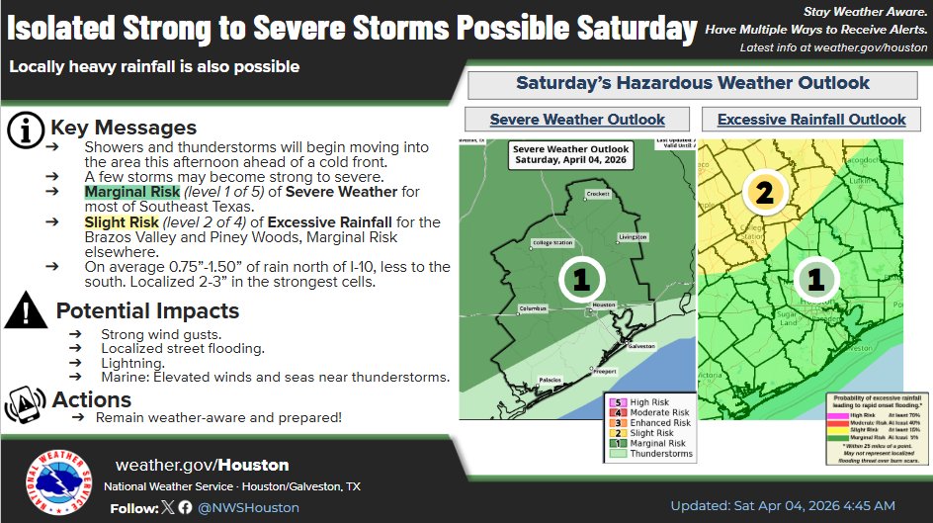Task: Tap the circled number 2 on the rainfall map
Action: tap(764, 192)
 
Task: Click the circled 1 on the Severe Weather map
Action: tap(581, 280)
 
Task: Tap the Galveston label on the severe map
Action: tap(641, 346)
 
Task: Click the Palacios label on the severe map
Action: tap(551, 380)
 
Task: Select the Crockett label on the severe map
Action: tap(597, 195)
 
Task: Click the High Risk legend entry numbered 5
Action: tap(652, 403)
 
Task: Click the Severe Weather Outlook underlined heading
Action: tap(577, 120)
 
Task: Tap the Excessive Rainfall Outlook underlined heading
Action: tap(811, 120)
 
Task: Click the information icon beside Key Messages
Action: tap(25, 129)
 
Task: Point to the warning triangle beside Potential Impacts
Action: tap(25, 312)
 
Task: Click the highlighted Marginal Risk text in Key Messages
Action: tap(131, 191)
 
